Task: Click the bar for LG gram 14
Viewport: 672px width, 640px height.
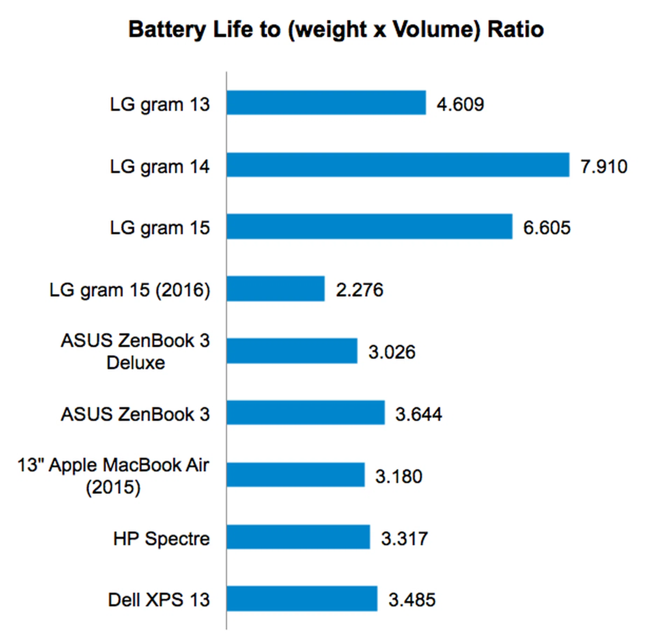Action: tap(398, 165)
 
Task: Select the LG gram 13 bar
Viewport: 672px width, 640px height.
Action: tap(326, 103)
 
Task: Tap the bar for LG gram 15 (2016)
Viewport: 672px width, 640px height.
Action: tap(275, 289)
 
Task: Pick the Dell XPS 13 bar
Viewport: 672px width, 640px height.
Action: tap(302, 599)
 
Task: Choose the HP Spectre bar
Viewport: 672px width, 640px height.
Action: tap(298, 537)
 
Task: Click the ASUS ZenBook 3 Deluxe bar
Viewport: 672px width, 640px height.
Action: tap(292, 351)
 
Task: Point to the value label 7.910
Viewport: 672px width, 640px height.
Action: tap(604, 166)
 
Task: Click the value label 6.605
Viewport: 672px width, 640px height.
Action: tap(547, 228)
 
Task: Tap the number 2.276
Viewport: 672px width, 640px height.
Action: tap(359, 290)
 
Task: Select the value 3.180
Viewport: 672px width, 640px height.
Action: tap(399, 476)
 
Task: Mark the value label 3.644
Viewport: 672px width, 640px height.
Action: tap(419, 414)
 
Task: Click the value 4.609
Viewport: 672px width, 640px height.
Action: tap(460, 104)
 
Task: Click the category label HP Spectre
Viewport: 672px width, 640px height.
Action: tap(161, 539)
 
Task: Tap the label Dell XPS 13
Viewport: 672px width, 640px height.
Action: tap(159, 600)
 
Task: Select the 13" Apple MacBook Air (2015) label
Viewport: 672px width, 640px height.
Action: tap(113, 476)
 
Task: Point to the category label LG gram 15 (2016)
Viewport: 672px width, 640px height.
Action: tap(130, 290)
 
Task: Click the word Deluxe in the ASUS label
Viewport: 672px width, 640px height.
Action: tap(136, 363)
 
